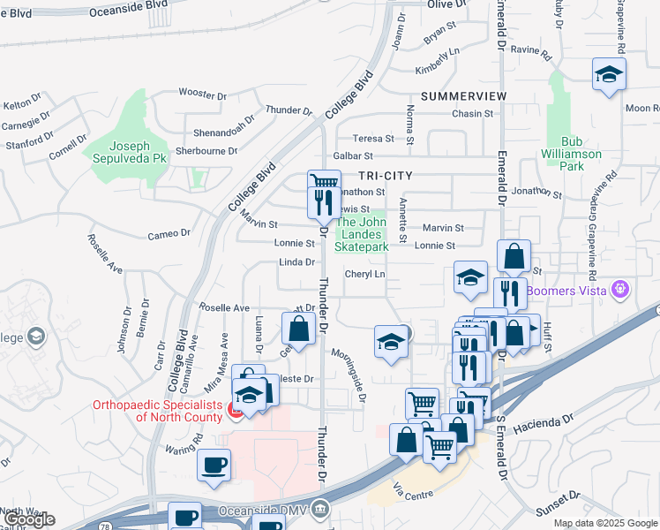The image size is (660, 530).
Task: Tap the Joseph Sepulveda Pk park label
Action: [x=129, y=152]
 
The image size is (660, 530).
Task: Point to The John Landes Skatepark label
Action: [x=363, y=235]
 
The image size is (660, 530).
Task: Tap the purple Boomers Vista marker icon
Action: [x=620, y=289]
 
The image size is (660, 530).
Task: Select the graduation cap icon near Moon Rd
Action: [x=609, y=75]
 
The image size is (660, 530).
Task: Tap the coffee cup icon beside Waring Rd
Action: [x=214, y=465]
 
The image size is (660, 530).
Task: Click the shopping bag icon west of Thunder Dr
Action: [x=299, y=329]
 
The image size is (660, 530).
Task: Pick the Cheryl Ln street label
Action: [x=365, y=275]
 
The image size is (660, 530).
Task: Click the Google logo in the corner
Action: [x=29, y=519]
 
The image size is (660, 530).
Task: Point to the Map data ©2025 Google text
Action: [x=604, y=523]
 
